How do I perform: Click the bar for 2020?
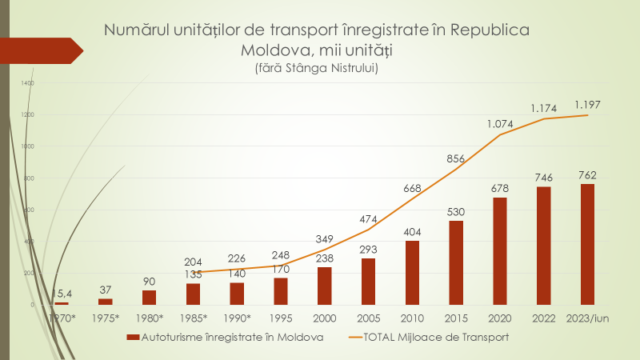pos(500,251)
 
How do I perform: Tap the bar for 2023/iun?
pos(587,245)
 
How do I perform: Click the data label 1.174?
pos(545,106)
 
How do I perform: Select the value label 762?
pos(587,175)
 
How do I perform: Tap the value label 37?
pos(106,290)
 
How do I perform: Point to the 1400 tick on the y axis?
pos(29,83)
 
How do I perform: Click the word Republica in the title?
pos(490,30)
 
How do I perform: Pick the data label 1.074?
pos(500,125)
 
